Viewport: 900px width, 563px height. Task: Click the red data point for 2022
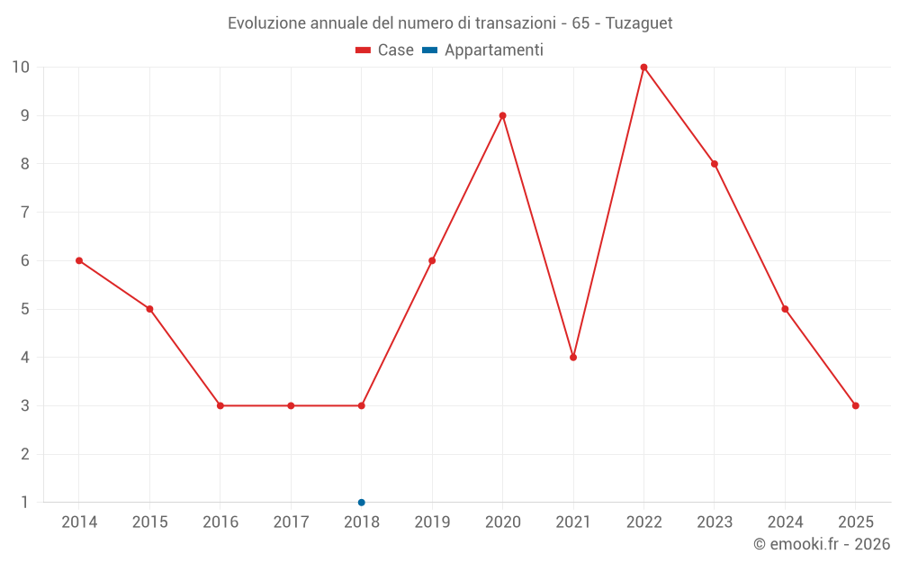pyautogui.click(x=643, y=68)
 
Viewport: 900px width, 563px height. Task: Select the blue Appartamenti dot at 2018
pyautogui.click(x=361, y=502)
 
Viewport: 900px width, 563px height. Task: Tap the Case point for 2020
pyautogui.click(x=502, y=115)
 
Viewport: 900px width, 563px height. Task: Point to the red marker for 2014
pyautogui.click(x=79, y=260)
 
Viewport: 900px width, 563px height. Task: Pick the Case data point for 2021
pyautogui.click(x=573, y=357)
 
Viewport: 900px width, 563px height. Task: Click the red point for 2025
pyautogui.click(x=855, y=405)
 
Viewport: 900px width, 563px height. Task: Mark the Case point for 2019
pyautogui.click(x=432, y=260)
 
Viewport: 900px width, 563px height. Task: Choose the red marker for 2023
pyautogui.click(x=715, y=164)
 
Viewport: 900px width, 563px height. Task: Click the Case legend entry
pyautogui.click(x=385, y=50)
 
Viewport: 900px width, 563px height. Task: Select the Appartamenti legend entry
pyautogui.click(x=483, y=50)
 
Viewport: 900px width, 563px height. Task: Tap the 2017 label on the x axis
pyautogui.click(x=291, y=522)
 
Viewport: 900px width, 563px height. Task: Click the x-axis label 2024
pyautogui.click(x=785, y=522)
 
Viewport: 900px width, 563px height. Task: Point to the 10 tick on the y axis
pyautogui.click(x=21, y=68)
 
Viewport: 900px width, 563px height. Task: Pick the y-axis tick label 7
pyautogui.click(x=24, y=213)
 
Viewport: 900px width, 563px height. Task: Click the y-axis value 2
pyautogui.click(x=24, y=454)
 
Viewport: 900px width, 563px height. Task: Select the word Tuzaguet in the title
pyautogui.click(x=639, y=23)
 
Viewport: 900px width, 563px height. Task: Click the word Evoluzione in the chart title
pyautogui.click(x=266, y=23)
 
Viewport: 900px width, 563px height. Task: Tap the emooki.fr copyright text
pyautogui.click(x=822, y=544)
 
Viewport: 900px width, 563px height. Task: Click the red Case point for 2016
pyautogui.click(x=220, y=405)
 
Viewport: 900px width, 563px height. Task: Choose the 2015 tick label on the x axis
pyautogui.click(x=149, y=522)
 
